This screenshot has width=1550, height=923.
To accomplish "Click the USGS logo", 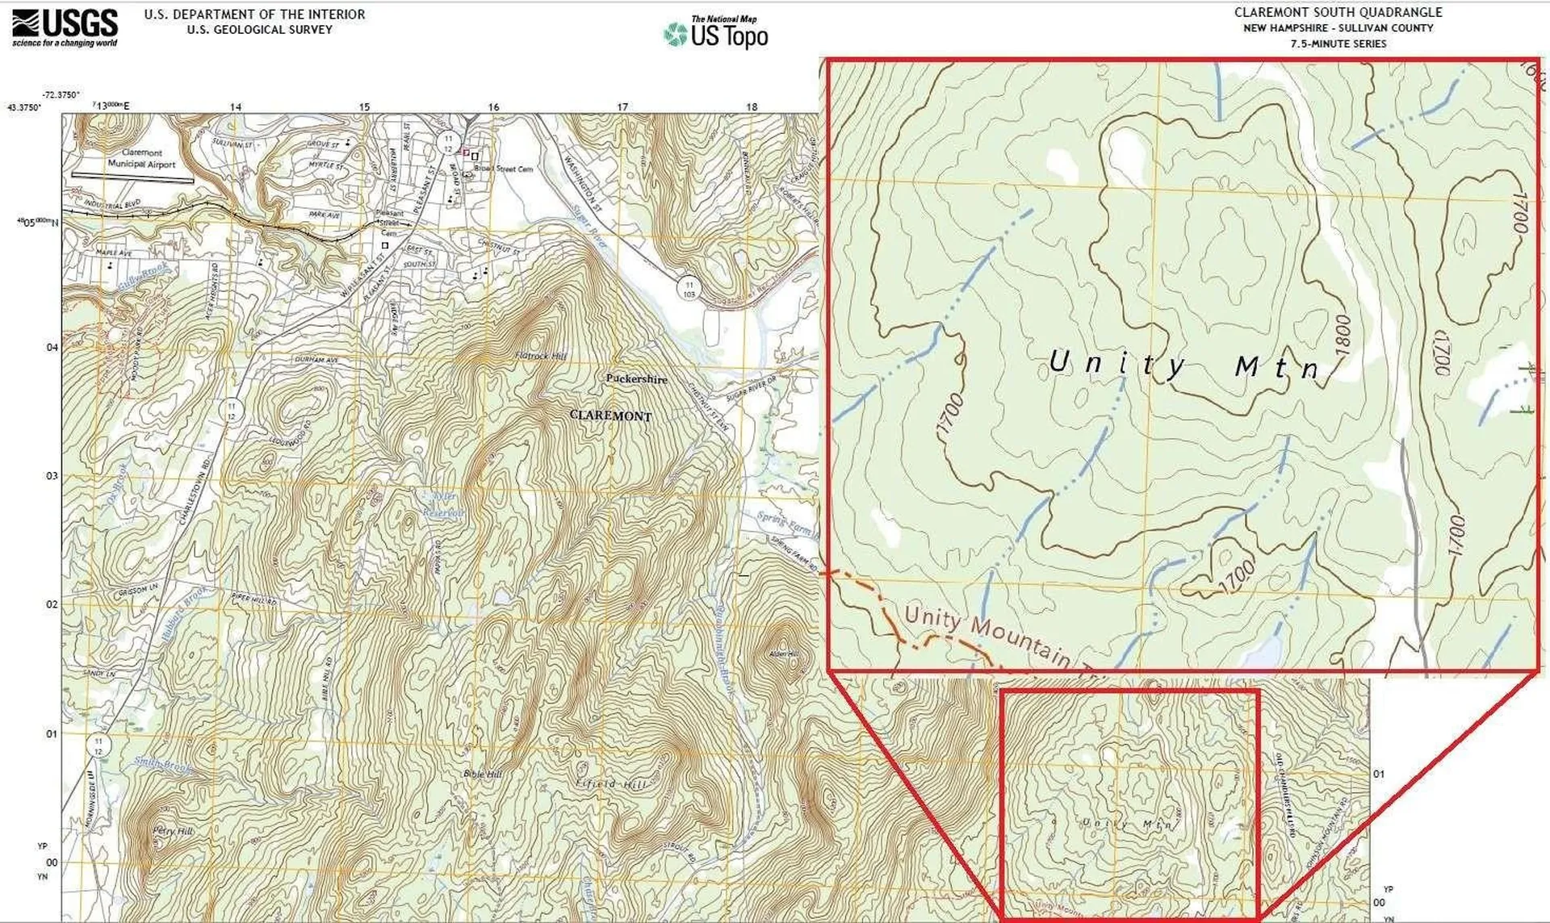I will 65,27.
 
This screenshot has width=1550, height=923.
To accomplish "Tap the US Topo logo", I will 717,33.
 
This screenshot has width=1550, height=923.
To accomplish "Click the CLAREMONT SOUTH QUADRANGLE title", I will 1338,12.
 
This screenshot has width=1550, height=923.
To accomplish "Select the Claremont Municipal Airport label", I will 142,158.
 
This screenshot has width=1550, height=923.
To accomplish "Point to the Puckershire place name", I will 636,378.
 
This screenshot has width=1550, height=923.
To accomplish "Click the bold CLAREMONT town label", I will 610,416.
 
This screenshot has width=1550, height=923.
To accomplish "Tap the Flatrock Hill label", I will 540,355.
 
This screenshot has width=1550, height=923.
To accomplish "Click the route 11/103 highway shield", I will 689,289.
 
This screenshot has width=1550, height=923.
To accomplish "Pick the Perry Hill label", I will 173,831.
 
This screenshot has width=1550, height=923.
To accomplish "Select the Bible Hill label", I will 483,774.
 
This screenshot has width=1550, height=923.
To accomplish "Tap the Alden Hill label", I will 783,654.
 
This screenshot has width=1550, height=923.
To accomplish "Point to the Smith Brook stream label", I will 163,763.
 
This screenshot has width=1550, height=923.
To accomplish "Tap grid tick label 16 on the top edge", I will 493,106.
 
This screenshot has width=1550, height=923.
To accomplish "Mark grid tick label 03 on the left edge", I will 52,476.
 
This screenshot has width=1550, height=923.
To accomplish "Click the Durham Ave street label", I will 316,359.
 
